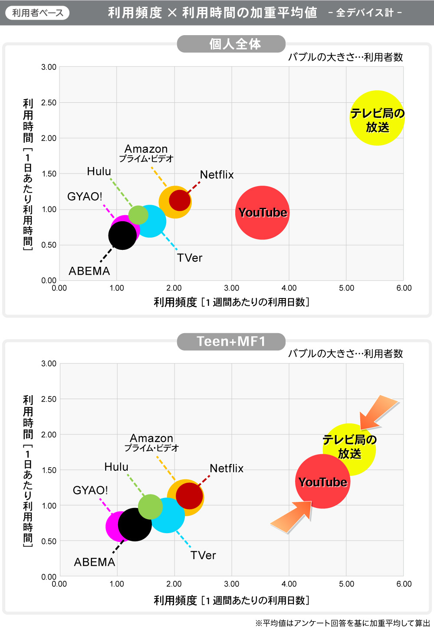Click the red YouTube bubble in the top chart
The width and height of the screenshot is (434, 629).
(262, 213)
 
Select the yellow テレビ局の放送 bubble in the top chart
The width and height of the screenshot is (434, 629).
(377, 118)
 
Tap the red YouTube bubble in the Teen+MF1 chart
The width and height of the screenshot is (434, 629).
(322, 482)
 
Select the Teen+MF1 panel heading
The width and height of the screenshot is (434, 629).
(231, 341)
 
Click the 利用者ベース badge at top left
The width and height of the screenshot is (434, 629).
(37, 13)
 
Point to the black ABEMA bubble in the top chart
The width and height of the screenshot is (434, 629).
(122, 236)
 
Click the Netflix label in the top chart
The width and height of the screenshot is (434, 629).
(217, 175)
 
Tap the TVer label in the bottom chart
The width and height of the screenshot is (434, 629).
(203, 555)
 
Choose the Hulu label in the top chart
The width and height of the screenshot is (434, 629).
(99, 171)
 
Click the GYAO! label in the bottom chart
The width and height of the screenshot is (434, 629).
(90, 490)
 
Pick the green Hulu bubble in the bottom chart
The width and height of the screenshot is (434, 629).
(150, 507)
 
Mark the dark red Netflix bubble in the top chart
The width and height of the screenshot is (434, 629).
(180, 200)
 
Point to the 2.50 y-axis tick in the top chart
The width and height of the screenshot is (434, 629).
(49, 103)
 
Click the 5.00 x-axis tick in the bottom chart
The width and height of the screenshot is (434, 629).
(346, 584)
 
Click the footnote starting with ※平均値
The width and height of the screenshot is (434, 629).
(342, 623)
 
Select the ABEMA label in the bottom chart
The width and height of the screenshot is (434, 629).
(95, 562)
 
